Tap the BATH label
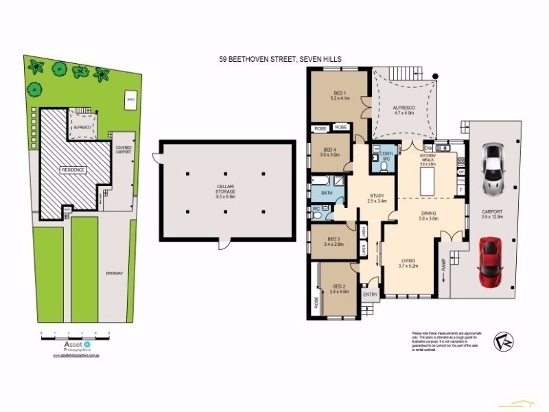pos(327,193)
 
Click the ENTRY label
pos(370,295)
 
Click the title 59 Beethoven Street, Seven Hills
pos(276,60)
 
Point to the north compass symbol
pos(504,341)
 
